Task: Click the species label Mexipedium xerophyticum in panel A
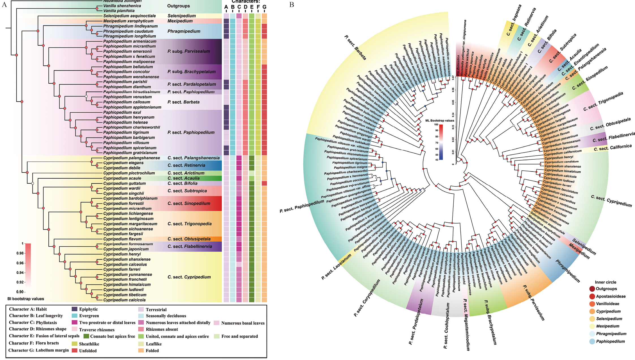[x=128, y=21]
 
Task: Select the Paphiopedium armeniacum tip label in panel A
[x=130, y=41]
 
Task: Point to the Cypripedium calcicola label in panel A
[x=124, y=300]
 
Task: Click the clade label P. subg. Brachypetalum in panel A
[x=191, y=72]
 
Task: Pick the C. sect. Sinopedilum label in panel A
[x=189, y=203]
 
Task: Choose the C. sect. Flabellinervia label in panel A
[x=190, y=247]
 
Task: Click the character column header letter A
[x=226, y=7]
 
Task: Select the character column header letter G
[x=264, y=7]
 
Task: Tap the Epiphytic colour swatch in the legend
[x=74, y=309]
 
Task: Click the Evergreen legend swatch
[x=74, y=316]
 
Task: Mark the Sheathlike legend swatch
[x=74, y=344]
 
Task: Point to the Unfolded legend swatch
[x=74, y=350]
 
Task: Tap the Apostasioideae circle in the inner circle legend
[x=592, y=296]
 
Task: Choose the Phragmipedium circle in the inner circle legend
[x=592, y=334]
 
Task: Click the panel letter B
[x=292, y=5]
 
